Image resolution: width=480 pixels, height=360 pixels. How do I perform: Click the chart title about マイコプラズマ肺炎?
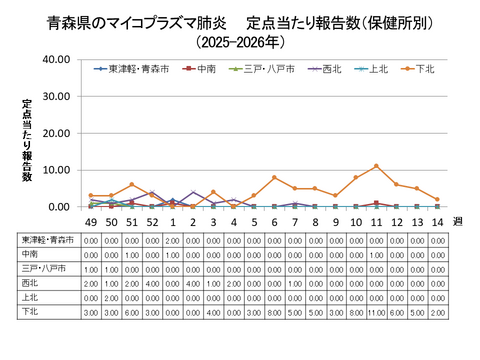(x=240, y=21)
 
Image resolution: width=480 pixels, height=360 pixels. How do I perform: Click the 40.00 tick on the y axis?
(x=55, y=60)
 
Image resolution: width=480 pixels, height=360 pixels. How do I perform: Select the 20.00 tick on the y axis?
(x=55, y=133)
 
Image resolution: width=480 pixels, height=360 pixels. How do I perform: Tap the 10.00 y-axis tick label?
(x=55, y=170)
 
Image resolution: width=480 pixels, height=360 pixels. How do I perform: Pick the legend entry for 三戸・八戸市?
(x=262, y=69)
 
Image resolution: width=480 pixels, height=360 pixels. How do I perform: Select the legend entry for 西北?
(x=325, y=69)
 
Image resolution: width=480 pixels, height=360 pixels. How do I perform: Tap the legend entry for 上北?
(x=374, y=69)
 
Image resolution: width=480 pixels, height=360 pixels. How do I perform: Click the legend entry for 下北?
(x=423, y=69)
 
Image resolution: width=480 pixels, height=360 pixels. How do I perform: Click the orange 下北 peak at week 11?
(x=376, y=166)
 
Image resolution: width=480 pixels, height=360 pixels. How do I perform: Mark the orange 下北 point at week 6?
(x=274, y=177)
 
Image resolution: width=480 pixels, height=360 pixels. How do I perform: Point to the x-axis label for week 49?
(x=90, y=222)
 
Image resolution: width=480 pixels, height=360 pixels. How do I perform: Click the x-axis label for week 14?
(x=437, y=222)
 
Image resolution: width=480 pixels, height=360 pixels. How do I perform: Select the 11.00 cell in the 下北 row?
(x=376, y=312)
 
